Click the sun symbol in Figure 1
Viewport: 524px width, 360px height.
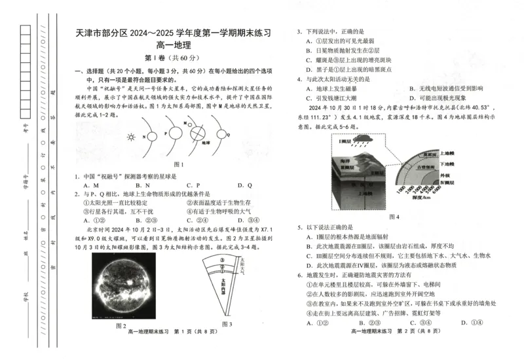(130, 137)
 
